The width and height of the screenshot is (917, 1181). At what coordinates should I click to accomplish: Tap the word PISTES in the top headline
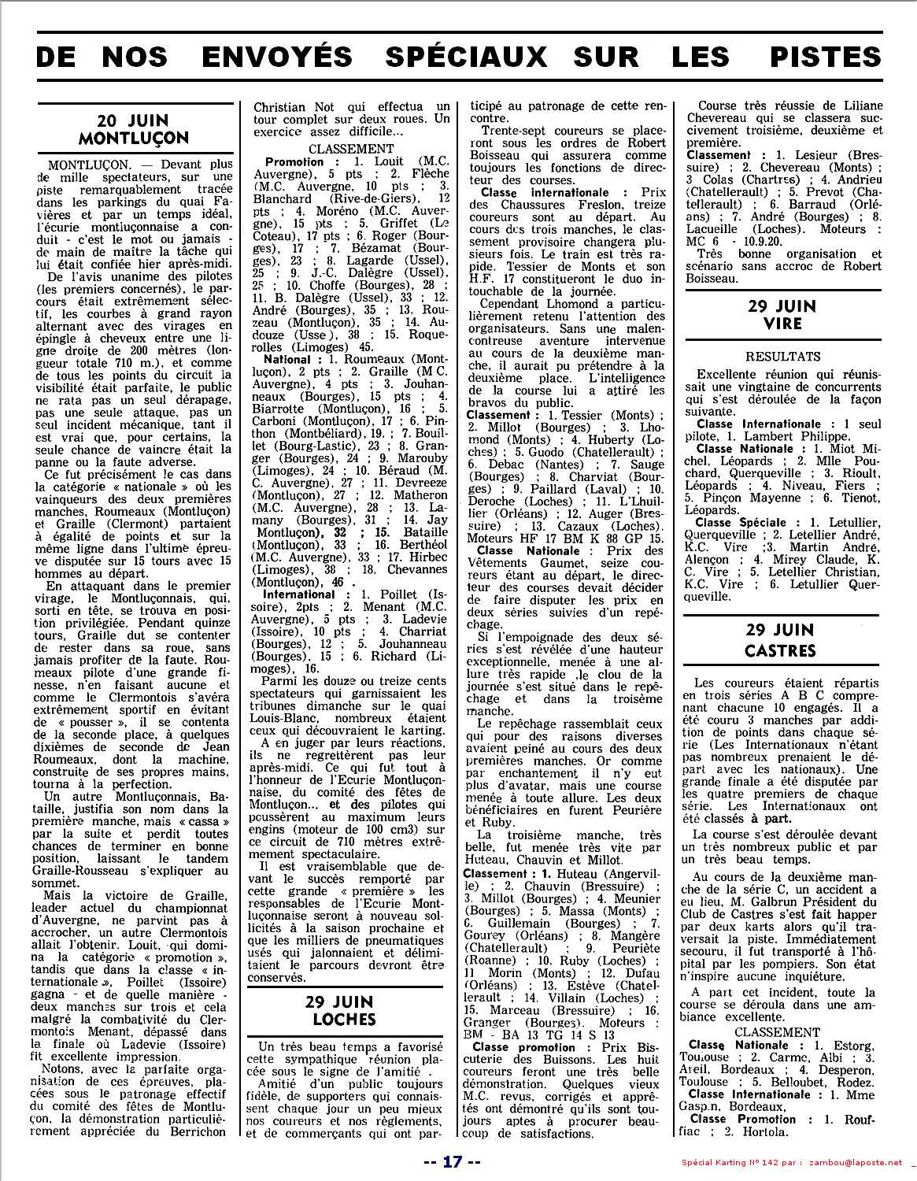pyautogui.click(x=819, y=57)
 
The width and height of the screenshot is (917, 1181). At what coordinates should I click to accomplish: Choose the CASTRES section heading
pyautogui.click(x=782, y=651)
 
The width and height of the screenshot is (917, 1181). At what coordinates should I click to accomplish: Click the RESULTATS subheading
pyautogui.click(x=782, y=357)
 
